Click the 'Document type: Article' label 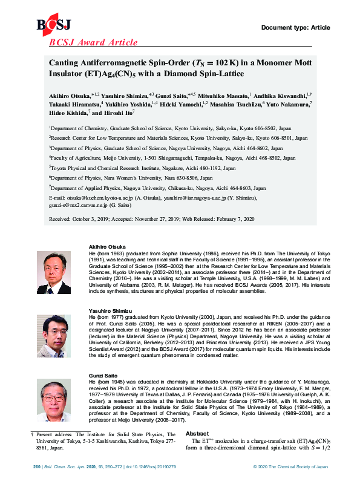[295, 27]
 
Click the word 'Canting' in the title [64, 64]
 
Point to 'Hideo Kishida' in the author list [69, 112]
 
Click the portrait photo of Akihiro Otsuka [54, 271]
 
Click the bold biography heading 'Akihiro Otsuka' [107, 247]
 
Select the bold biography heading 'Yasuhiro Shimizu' [111, 310]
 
